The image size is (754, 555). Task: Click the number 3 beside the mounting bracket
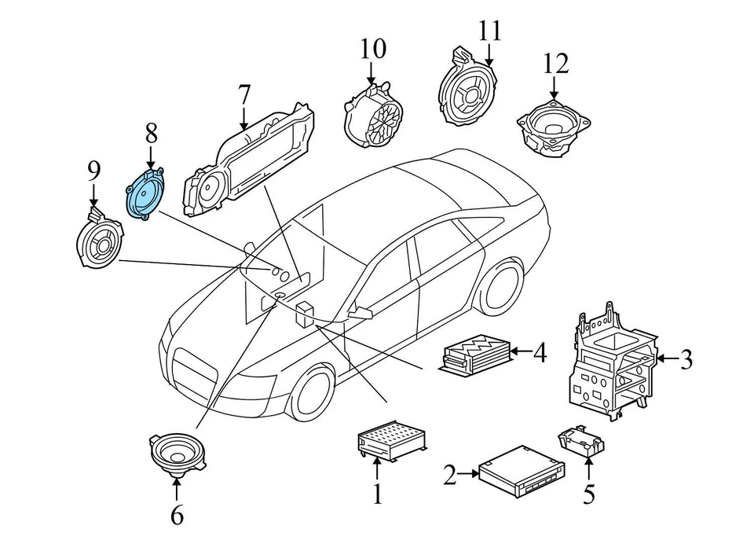pos(686,361)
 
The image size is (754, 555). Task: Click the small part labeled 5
pos(580,441)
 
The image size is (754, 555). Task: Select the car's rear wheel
pos(501,287)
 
